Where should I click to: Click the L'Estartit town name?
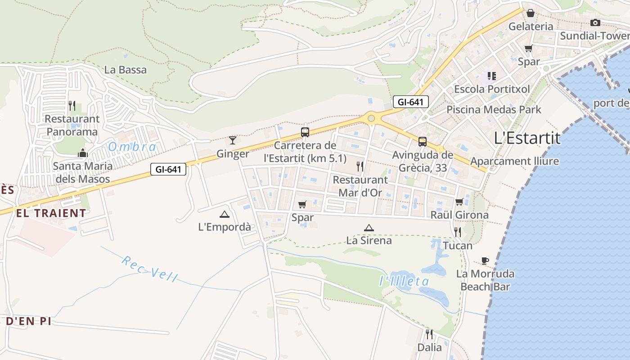tap(527, 138)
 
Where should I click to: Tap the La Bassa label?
tap(126, 70)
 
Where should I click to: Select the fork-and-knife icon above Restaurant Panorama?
tap(72, 106)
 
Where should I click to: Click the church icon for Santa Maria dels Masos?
tap(82, 153)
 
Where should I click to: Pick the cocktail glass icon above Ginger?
tap(233, 140)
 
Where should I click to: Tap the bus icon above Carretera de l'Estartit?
tap(305, 132)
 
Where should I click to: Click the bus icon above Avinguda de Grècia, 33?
tap(423, 142)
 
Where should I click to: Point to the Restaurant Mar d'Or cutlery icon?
tap(360, 166)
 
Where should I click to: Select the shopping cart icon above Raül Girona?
tap(459, 202)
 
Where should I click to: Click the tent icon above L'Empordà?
tap(224, 214)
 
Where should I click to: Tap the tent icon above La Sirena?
tap(369, 228)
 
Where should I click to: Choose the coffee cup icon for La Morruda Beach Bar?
tap(485, 261)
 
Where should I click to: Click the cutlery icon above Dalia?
tap(429, 334)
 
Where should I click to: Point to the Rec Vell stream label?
tap(149, 269)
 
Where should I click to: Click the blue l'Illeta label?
tap(404, 282)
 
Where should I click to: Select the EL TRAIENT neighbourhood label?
tap(51, 213)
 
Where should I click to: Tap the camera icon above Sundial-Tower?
tap(595, 23)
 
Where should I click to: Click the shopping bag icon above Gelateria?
tap(531, 13)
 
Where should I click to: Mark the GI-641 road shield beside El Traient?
tap(168, 170)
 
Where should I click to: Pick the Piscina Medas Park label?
tap(494, 109)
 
